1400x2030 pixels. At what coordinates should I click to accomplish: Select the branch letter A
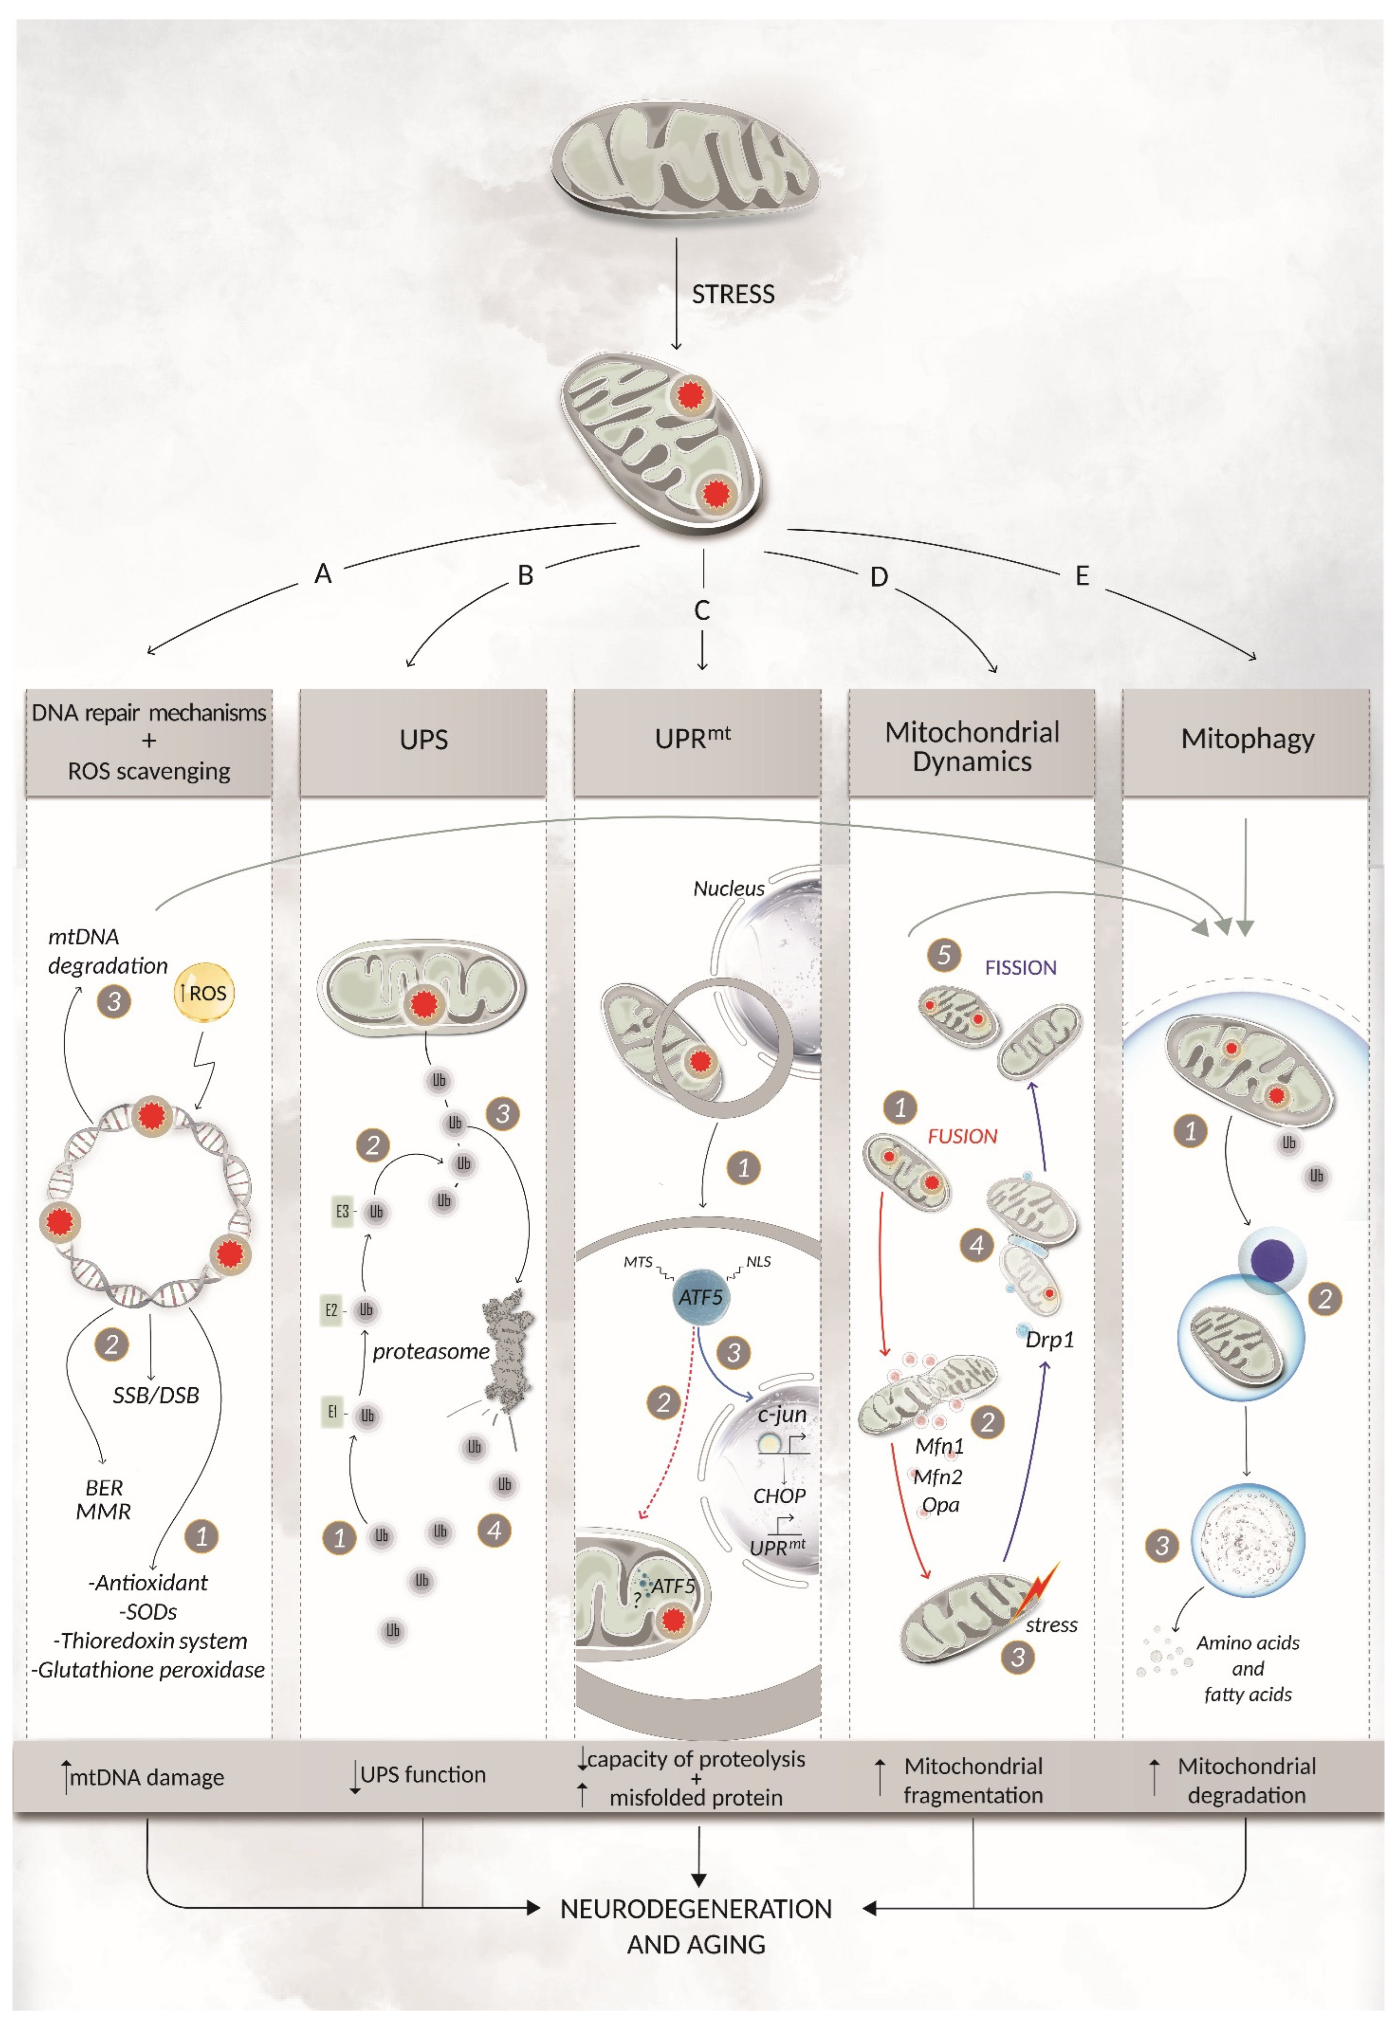323,574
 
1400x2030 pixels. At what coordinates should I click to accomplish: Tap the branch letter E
1082,576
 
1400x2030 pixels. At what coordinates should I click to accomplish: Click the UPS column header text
423,740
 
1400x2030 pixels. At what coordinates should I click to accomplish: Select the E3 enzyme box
342,1211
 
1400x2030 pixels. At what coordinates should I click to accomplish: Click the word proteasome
431,1351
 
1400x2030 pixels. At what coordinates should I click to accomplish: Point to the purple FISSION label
1020,968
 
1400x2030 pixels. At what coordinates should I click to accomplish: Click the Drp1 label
1050,1339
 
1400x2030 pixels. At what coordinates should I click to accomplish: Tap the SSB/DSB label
156,1395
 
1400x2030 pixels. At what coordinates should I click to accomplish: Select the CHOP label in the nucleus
779,1496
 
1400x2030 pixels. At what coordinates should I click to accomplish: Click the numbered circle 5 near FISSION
944,955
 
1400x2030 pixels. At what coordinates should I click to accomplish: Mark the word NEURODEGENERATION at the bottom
696,1909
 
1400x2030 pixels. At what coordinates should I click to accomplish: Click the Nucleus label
728,889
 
